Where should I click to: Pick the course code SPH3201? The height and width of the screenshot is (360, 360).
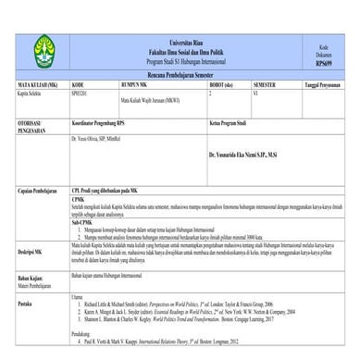81,93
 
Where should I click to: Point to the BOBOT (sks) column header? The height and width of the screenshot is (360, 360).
226,83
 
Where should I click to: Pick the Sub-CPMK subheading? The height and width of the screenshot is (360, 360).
81,222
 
